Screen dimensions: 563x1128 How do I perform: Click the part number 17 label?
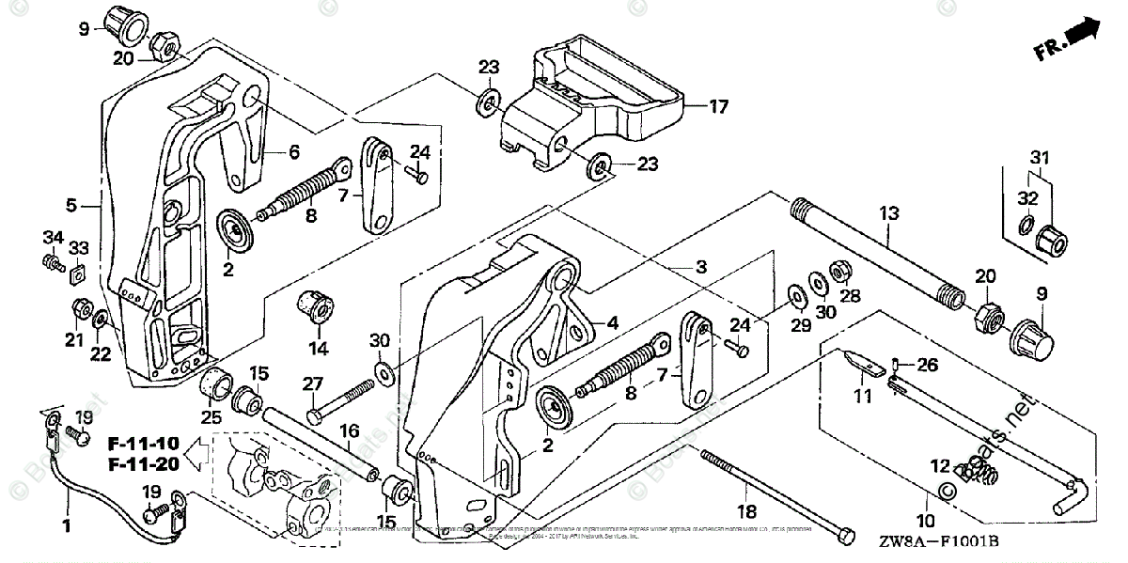[719, 107]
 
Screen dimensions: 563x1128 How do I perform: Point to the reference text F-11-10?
[142, 442]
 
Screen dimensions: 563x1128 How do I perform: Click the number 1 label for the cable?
[67, 522]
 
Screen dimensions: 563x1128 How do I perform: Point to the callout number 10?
[926, 520]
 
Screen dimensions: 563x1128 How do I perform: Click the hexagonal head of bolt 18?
[843, 533]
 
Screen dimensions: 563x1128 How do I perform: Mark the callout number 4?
[612, 322]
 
